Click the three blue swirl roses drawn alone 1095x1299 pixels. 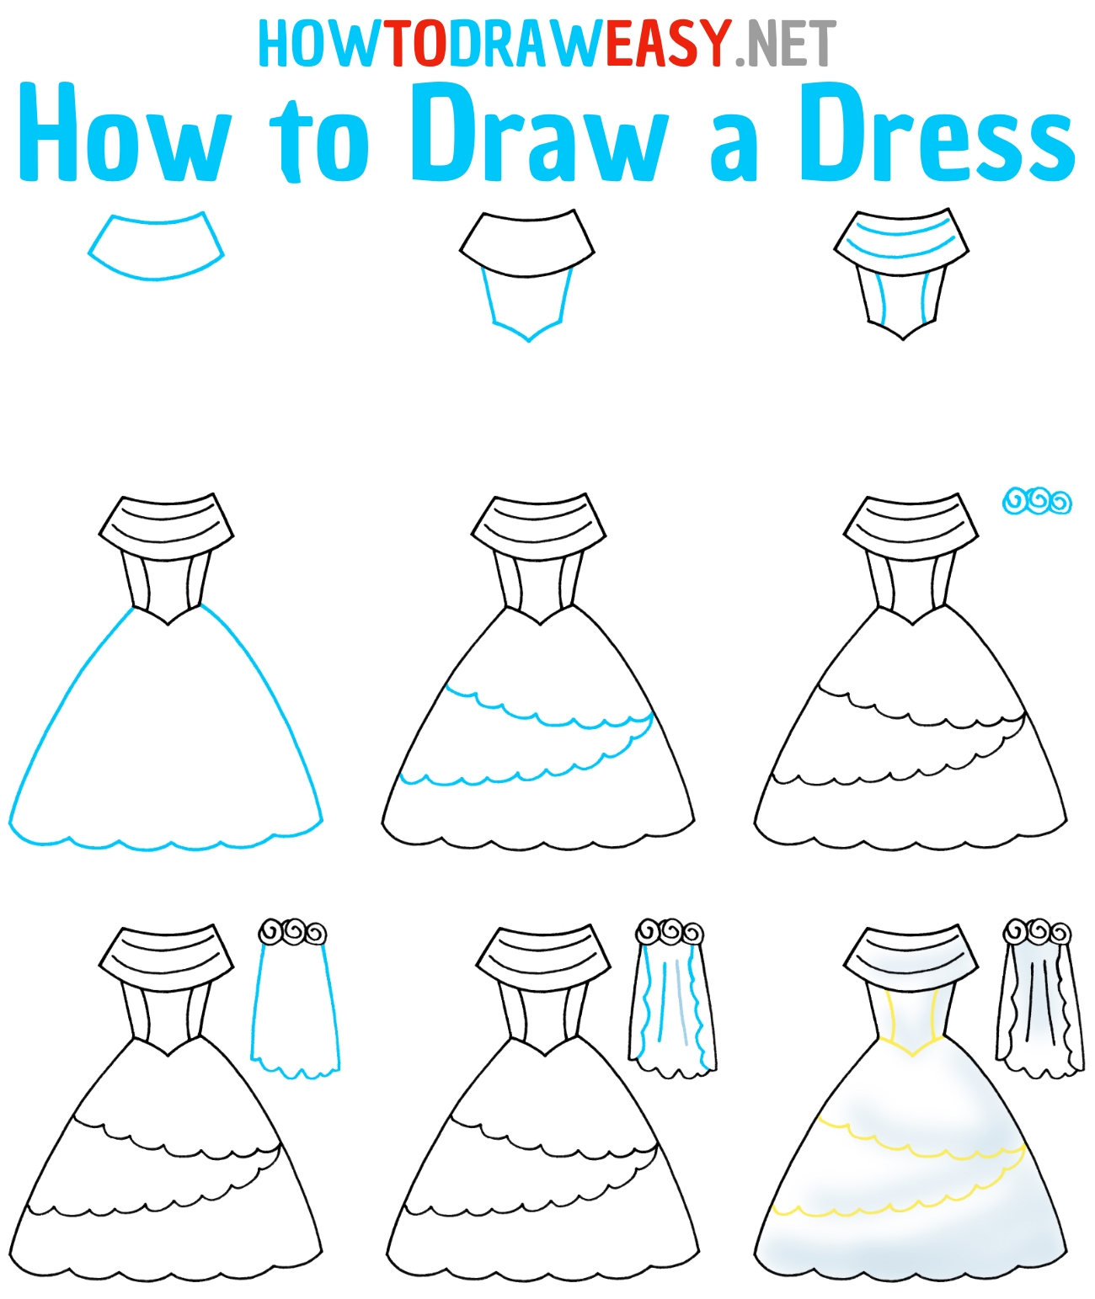pyautogui.click(x=1037, y=501)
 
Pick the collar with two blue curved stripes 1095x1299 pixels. pyautogui.click(x=901, y=242)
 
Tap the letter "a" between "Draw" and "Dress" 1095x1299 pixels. pyautogui.click(x=734, y=149)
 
